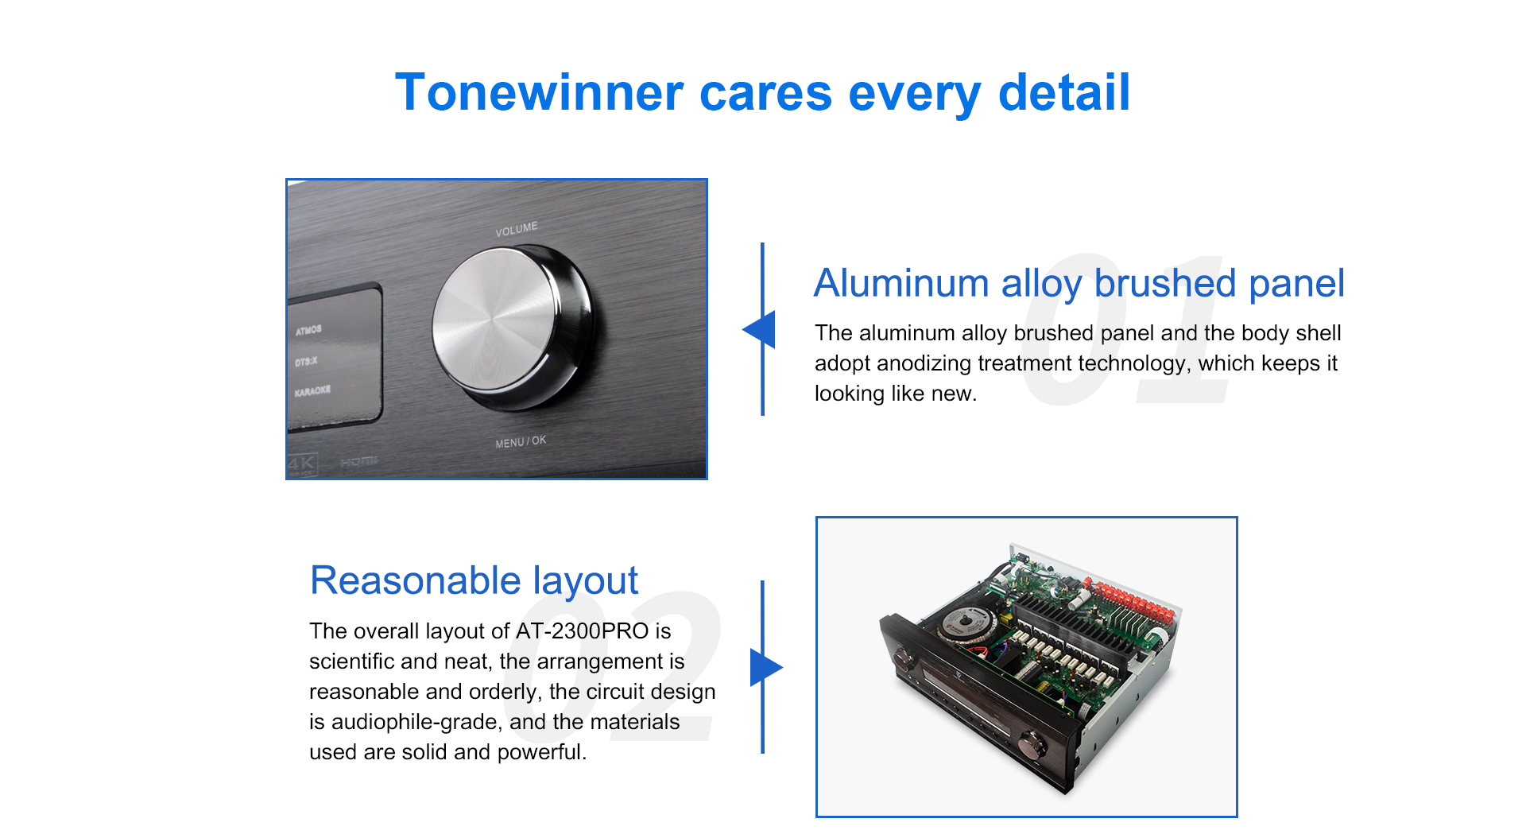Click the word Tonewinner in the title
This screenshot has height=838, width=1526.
[x=539, y=92]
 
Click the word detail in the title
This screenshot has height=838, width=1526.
[x=1064, y=92]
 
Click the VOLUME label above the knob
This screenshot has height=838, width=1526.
[x=517, y=230]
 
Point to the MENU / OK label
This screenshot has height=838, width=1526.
[x=521, y=441]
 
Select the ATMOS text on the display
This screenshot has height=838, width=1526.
[x=308, y=330]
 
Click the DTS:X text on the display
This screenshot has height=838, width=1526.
[x=306, y=362]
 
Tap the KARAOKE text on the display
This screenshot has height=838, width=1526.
[x=312, y=391]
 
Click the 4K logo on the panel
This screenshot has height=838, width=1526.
[x=302, y=464]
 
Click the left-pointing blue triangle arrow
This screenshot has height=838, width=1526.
[x=759, y=329]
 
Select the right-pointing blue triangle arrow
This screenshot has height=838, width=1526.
[x=766, y=667]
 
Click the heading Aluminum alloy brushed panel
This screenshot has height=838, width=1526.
[x=1079, y=283]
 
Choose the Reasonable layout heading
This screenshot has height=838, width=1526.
[x=474, y=580]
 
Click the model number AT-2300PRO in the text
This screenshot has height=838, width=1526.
[x=583, y=631]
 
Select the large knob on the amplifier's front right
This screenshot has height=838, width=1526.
[x=1032, y=744]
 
